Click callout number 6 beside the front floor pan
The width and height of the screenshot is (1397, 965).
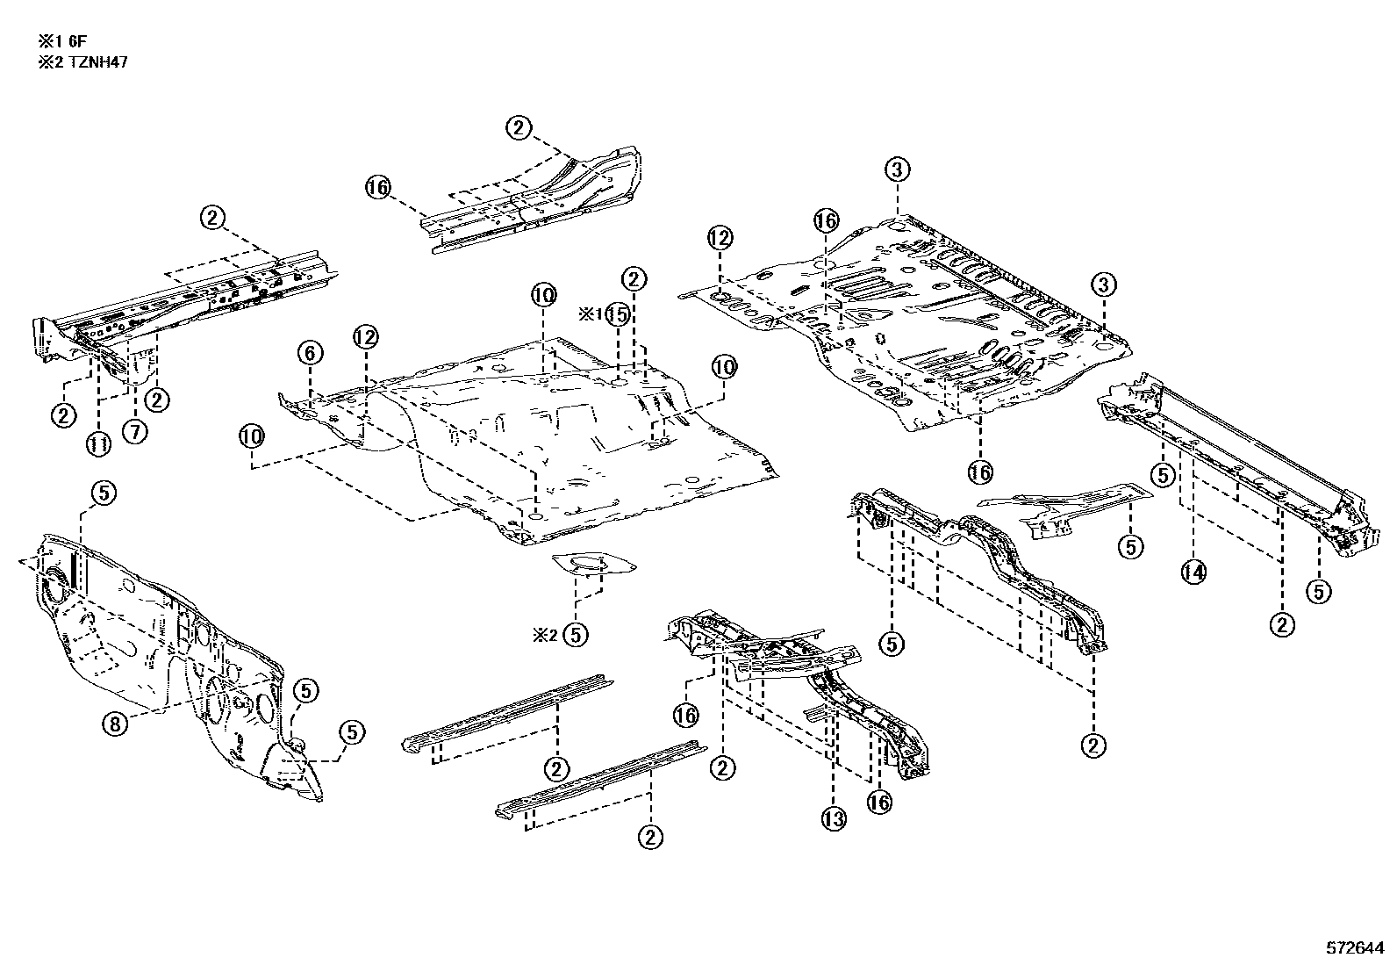pyautogui.click(x=309, y=354)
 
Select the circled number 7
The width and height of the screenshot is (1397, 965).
pyautogui.click(x=136, y=431)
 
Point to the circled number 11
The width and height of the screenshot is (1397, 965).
pyautogui.click(x=98, y=444)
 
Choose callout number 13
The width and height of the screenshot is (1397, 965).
pyautogui.click(x=834, y=819)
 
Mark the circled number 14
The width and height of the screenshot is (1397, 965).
pyautogui.click(x=1193, y=573)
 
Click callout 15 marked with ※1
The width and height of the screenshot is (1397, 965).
pyautogui.click(x=618, y=314)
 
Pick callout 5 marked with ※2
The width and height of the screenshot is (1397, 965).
pyautogui.click(x=575, y=634)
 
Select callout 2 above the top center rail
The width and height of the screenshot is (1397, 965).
pyautogui.click(x=519, y=128)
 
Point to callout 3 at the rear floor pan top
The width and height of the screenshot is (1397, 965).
pyautogui.click(x=896, y=170)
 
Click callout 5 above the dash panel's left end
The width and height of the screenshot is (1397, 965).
pyautogui.click(x=104, y=494)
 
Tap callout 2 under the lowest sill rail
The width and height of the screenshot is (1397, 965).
pyautogui.click(x=650, y=837)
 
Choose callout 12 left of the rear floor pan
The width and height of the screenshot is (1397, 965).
pyautogui.click(x=720, y=237)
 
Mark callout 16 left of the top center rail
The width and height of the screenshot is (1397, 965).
pyautogui.click(x=377, y=187)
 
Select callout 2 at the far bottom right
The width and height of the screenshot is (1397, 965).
pyautogui.click(x=1093, y=746)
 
